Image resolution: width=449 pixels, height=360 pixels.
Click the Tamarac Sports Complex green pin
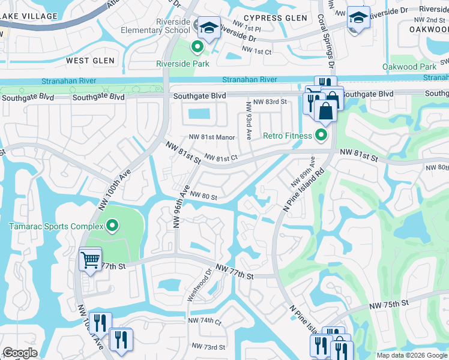pyautogui.click(x=112, y=226)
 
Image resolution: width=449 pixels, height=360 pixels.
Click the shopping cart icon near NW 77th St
pyautogui.click(x=90, y=260)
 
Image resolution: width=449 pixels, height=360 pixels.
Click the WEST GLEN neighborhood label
pyautogui.click(x=86, y=61)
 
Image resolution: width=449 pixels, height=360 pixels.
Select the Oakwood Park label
pyautogui.click(x=410, y=67)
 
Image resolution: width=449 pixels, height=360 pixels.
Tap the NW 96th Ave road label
pyautogui.click(x=178, y=209)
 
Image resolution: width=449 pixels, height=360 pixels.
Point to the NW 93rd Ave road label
pyautogui.click(x=248, y=121)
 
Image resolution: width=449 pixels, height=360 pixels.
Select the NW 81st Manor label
pyautogui.click(x=212, y=137)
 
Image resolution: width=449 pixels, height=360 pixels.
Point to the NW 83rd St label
pyautogui.click(x=270, y=102)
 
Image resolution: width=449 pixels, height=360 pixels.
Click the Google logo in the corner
pyautogui.click(x=20, y=353)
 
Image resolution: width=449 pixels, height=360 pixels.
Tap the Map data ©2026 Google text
pyautogui.click(x=411, y=355)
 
